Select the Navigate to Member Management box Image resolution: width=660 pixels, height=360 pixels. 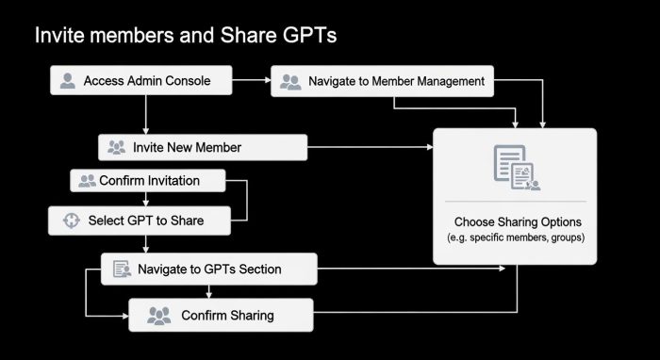click(382, 82)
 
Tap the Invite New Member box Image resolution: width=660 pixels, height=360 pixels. click(203, 147)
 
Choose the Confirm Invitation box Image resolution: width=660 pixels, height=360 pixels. click(149, 180)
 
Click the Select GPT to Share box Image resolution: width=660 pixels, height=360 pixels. click(140, 221)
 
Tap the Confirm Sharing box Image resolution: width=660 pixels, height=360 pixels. click(219, 316)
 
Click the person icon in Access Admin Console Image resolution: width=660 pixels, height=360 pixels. click(67, 81)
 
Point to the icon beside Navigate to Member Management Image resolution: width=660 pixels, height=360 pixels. click(290, 82)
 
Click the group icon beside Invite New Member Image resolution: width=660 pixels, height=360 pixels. click(117, 147)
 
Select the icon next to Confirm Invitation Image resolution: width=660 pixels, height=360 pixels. click(87, 180)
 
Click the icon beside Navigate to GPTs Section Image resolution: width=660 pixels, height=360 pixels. click(121, 270)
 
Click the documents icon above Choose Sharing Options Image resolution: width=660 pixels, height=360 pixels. click(515, 168)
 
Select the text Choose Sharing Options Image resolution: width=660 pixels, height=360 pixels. click(517, 222)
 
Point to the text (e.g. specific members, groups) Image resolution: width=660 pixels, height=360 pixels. click(516, 238)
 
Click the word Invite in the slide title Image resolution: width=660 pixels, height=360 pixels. click(55, 36)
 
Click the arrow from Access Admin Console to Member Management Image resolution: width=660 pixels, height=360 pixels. click(254, 82)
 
